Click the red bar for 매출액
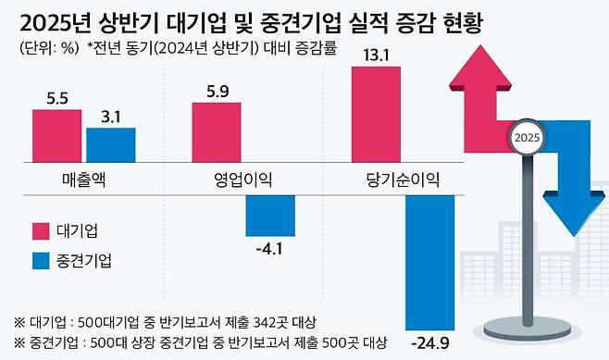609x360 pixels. click(57, 136)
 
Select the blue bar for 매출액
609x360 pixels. click(111, 144)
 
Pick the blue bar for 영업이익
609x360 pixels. click(270, 215)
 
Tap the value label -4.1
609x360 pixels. click(270, 249)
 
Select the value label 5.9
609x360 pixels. click(217, 91)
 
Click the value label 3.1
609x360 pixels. click(111, 117)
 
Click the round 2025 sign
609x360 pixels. click(527, 139)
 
